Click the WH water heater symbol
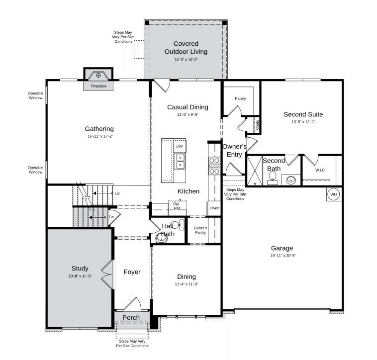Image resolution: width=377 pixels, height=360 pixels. click(x=334, y=194)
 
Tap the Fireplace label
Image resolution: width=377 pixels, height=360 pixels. click(x=98, y=86)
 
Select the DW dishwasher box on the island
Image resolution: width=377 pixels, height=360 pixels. click(x=180, y=146)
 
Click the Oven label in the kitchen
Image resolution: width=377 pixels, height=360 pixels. click(x=214, y=208)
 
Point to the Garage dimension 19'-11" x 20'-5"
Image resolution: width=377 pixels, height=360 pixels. click(x=282, y=256)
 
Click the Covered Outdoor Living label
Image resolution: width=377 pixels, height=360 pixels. click(x=186, y=48)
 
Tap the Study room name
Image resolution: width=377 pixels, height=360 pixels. click(x=80, y=269)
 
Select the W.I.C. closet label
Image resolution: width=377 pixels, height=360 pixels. click(x=320, y=170)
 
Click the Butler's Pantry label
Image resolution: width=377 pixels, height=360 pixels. click(x=200, y=230)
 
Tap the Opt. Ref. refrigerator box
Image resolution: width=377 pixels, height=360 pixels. click(x=177, y=206)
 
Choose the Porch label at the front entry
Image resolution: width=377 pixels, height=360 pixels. click(x=131, y=318)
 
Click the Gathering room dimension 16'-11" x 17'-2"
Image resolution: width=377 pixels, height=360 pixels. click(x=99, y=136)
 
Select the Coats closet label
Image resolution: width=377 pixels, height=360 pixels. click(x=257, y=125)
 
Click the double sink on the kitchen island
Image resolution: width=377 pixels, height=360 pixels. click(x=180, y=162)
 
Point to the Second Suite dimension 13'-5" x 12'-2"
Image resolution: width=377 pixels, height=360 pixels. click(x=303, y=122)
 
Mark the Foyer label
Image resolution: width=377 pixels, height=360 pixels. click(x=132, y=272)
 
